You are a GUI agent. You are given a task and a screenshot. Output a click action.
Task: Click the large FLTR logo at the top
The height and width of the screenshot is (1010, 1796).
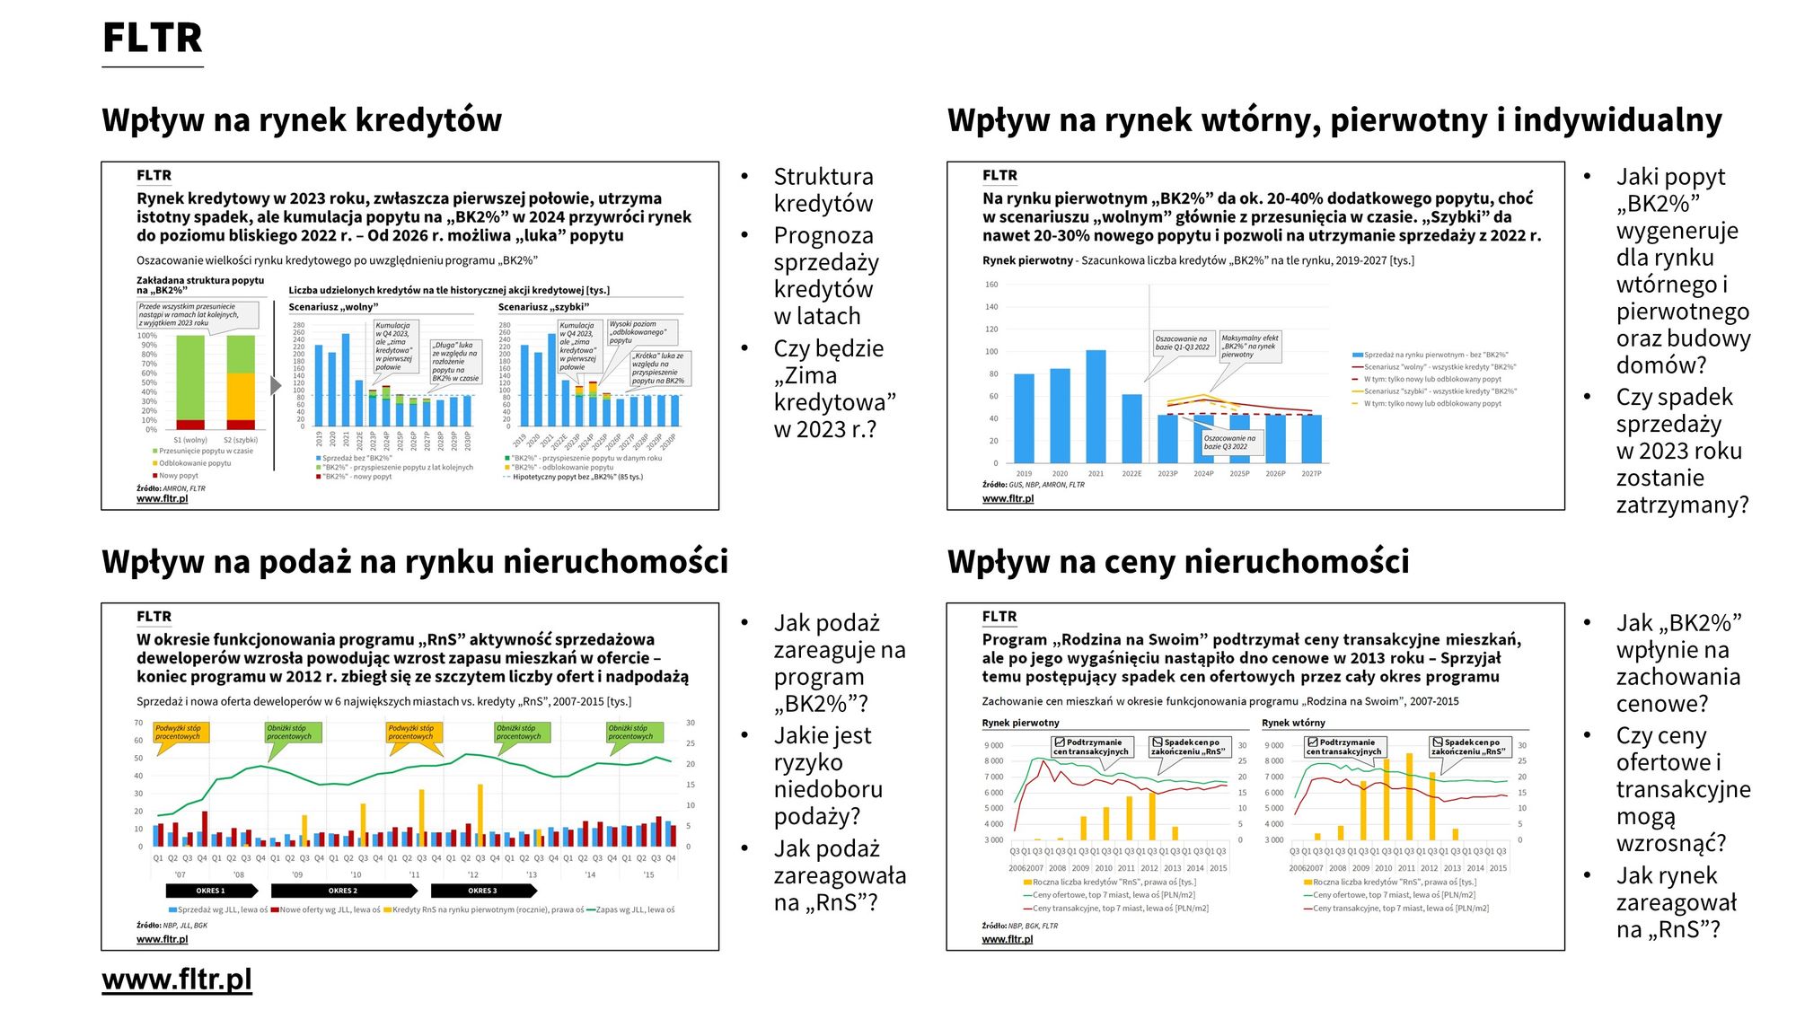153,39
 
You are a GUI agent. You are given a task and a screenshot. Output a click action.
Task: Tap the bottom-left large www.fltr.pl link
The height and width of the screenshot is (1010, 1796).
177,979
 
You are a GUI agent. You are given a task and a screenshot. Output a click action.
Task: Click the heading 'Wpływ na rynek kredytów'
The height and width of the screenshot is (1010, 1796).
302,120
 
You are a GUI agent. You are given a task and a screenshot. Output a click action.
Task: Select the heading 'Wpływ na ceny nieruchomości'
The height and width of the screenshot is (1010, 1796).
1177,562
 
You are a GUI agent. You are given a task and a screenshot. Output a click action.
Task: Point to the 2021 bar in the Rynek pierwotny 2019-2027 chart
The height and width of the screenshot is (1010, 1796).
1096,406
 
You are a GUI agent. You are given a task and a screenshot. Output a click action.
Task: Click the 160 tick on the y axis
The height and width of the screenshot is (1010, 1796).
991,285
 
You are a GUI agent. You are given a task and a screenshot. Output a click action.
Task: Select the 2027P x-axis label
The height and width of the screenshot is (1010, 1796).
1311,473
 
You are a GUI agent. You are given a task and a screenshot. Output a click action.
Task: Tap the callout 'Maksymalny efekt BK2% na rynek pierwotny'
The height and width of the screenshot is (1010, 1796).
1249,347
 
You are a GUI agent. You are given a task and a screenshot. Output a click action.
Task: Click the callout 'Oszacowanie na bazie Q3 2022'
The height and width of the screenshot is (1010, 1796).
1230,442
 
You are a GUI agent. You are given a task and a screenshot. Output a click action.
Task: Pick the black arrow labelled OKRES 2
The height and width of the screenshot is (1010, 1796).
344,891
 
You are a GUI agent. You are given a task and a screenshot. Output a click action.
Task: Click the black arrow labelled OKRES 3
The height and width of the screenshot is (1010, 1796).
483,891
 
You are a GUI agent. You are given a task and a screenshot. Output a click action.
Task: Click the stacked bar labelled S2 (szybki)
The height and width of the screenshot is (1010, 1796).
241,382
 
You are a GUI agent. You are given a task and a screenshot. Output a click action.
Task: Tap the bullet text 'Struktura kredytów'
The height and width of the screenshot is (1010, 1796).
823,190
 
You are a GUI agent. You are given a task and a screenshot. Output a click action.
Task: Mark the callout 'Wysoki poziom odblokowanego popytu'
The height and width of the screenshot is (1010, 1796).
637,332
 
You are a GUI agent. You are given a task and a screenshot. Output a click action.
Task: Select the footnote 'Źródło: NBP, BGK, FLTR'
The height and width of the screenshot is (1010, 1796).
1019,926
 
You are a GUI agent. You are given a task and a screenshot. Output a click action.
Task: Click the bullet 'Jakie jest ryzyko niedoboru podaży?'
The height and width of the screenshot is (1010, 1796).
828,776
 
